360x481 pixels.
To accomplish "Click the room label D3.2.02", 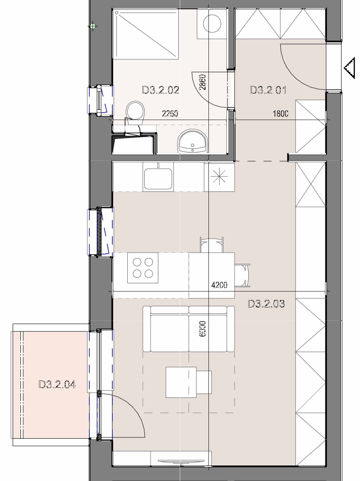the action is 161,90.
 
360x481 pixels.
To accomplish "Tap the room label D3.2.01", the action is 268,90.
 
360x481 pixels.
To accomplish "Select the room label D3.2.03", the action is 266,304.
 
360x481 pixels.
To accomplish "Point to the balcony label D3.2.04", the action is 57,384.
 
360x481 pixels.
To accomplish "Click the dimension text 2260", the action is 170,114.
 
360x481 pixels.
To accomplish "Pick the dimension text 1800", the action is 281,114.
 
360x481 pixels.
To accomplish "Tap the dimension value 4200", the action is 220,285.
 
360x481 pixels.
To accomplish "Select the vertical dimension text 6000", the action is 203,329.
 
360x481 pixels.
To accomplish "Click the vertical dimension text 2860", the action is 203,82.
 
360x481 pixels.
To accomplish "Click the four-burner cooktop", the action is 143,268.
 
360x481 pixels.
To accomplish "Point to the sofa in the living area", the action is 189,329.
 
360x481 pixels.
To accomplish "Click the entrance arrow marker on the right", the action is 349,68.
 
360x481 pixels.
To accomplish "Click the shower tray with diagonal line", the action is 146,34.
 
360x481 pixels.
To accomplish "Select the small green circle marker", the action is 93,26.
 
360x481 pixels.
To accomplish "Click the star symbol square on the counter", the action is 219,177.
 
